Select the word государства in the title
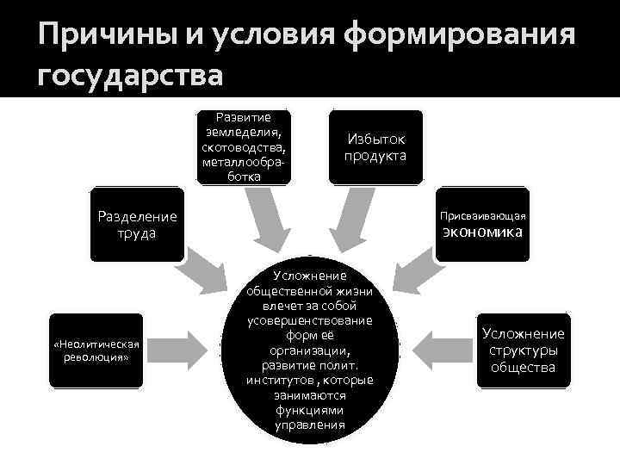click(131, 77)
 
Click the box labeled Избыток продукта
click(375, 147)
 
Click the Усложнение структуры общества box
click(523, 350)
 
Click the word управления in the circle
click(310, 425)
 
